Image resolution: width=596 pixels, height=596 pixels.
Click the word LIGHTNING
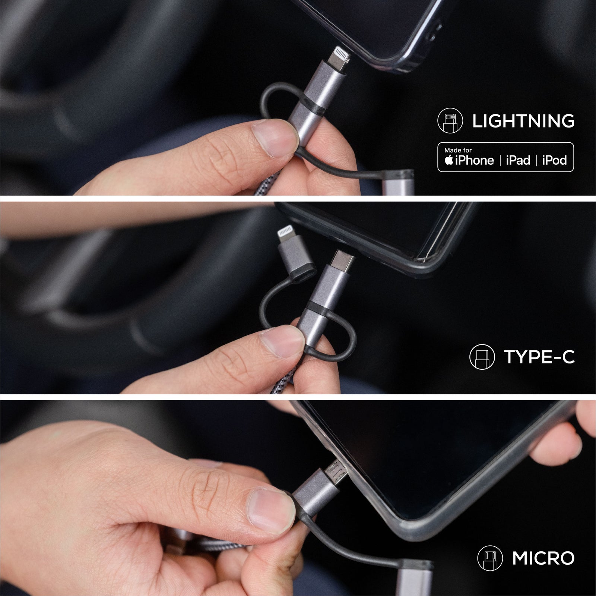coord(523,121)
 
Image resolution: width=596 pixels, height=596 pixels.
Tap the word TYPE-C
coord(539,357)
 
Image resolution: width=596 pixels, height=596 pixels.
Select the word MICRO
coord(543,558)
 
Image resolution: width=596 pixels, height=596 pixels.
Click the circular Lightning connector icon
coord(450,121)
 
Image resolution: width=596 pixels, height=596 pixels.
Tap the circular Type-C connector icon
coord(482,357)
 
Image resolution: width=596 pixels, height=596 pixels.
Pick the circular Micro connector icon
coord(490,558)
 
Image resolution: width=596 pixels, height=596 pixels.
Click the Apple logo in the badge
coord(449,160)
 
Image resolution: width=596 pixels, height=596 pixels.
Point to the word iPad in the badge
coord(518,161)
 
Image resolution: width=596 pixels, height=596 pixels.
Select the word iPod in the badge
coord(554,161)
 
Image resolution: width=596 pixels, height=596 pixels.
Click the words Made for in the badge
coord(458,150)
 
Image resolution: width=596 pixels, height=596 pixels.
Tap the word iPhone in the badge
coord(474,161)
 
